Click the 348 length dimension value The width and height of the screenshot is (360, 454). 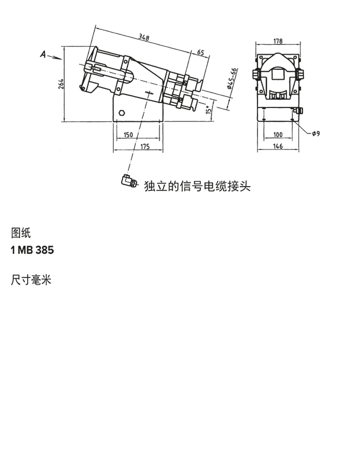(145, 38)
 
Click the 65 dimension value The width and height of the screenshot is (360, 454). (200, 52)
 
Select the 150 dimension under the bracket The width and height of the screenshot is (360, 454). (128, 135)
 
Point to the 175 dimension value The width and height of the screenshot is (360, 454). (144, 146)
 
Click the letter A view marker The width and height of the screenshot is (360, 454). (44, 54)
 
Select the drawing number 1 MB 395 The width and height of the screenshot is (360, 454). (32, 250)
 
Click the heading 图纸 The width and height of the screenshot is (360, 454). (20, 233)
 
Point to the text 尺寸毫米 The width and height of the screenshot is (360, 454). (31, 280)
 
